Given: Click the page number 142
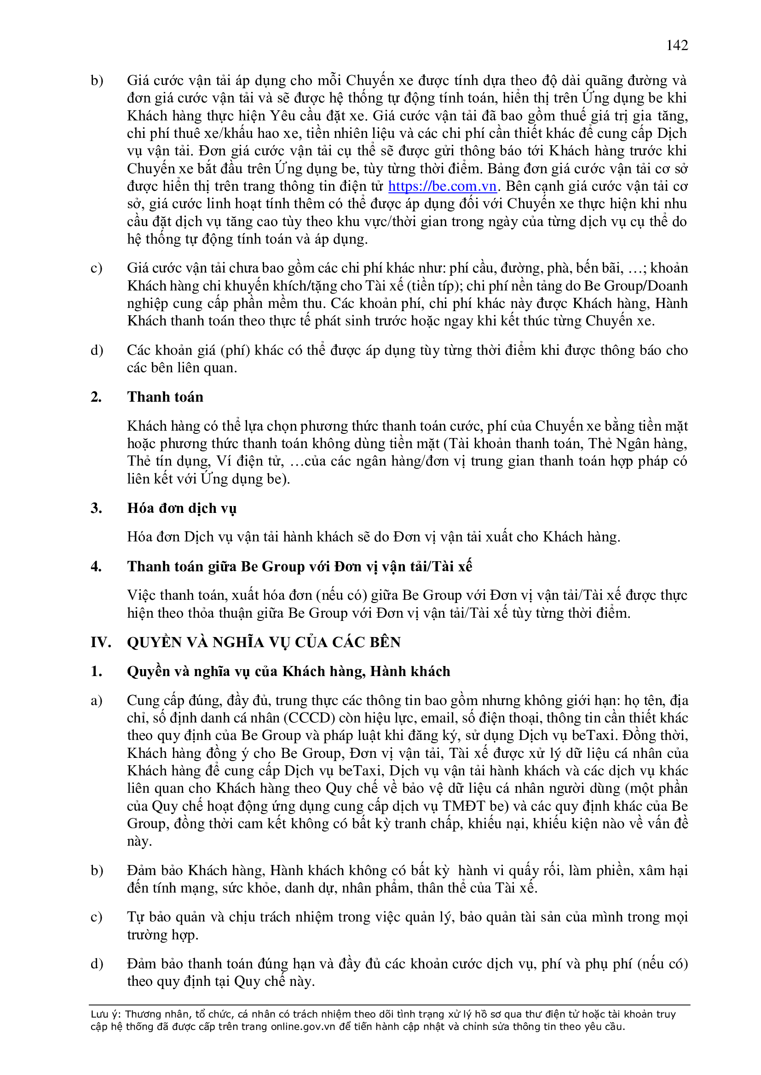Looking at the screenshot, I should point(677,46).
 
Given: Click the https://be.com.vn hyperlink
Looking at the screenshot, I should point(442,186).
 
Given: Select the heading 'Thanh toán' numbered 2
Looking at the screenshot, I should point(165,397).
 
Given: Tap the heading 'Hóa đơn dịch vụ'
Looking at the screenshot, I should point(181,508).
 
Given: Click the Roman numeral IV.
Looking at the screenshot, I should point(101,642).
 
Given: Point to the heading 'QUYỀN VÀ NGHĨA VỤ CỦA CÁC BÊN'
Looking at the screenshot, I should point(263,642).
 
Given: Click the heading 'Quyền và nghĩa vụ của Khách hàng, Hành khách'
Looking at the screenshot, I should point(288,671).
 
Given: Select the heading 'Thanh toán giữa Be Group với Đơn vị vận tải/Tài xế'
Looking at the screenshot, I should point(300,566).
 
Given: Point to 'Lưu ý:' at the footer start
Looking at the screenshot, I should point(106,1014).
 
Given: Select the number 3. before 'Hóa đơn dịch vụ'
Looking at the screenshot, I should point(96,508).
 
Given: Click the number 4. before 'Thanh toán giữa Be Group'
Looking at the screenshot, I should point(96,566).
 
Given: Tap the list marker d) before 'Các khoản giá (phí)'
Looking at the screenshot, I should point(97,350).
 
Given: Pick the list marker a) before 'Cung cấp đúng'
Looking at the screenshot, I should point(97,700).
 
